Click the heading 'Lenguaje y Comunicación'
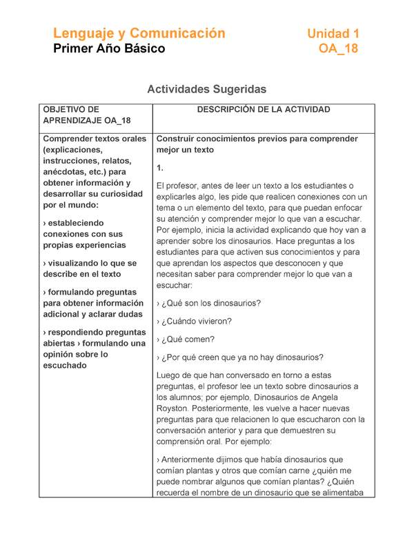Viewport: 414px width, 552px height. coord(139,33)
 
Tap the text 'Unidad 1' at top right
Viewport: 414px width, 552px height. coord(333,33)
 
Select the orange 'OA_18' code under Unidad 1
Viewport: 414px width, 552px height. coord(338,49)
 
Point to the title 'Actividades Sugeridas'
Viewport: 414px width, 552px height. coord(207,89)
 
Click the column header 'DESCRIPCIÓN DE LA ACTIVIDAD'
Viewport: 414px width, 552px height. coord(264,110)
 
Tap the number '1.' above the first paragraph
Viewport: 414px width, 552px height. coord(161,168)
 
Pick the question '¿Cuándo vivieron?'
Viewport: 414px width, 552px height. coord(195,321)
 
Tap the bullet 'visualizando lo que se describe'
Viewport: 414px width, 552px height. coord(90,268)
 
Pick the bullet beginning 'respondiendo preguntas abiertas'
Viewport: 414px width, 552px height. coord(93,343)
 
